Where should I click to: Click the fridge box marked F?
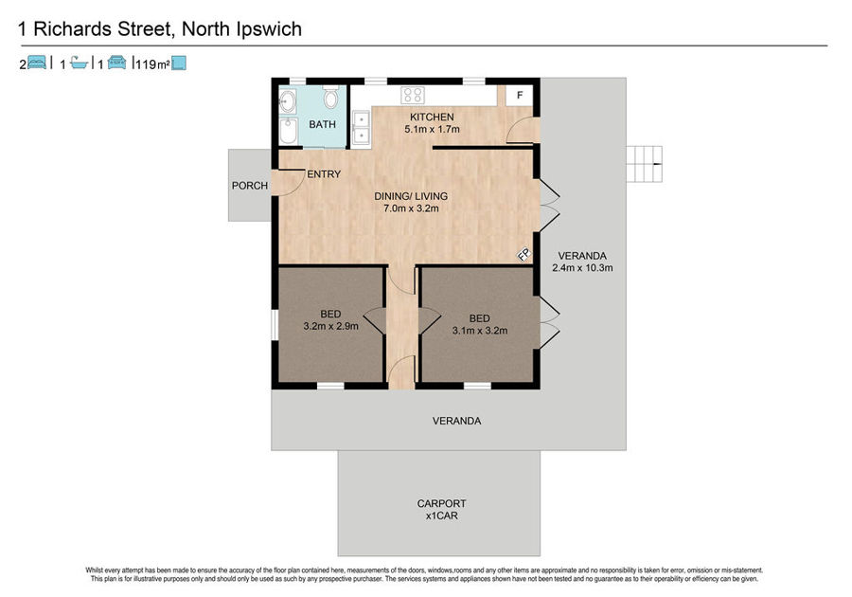(x=520, y=96)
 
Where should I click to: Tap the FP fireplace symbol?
(x=524, y=255)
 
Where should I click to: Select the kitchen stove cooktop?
(x=413, y=95)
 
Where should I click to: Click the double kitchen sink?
(x=361, y=128)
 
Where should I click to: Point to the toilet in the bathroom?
(x=330, y=97)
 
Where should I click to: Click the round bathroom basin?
(x=288, y=101)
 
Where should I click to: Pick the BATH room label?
(x=322, y=124)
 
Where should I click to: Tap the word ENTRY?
(x=324, y=174)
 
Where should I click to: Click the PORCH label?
(x=249, y=186)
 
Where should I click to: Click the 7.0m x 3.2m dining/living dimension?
(x=411, y=208)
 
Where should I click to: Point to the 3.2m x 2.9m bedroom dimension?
(x=330, y=326)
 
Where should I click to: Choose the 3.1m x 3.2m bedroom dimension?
(x=480, y=331)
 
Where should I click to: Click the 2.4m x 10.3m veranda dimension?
(x=582, y=267)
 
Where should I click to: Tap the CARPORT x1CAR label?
(x=441, y=510)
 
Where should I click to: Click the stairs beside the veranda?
(x=645, y=164)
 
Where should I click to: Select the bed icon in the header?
(x=36, y=63)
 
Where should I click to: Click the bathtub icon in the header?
(x=80, y=63)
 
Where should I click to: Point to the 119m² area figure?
(x=152, y=64)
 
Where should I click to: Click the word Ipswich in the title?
(x=269, y=29)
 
